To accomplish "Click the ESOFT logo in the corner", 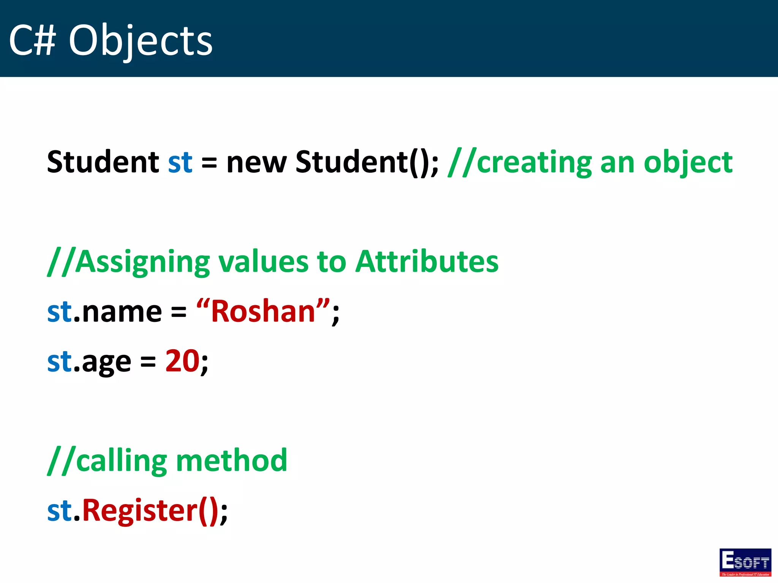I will pos(745,562).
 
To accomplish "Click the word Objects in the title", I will pos(140,41).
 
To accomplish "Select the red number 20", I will pos(182,361).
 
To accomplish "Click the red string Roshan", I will pos(263,311).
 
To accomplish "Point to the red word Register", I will pos(140,510).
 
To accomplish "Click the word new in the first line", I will pos(256,162).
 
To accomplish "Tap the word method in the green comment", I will pos(231,460).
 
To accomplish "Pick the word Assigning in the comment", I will pos(142,262).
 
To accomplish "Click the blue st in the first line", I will pos(180,162).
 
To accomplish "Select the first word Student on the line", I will pos(103,162).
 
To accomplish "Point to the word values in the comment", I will pos(263,262).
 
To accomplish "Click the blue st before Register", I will pos(59,510).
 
